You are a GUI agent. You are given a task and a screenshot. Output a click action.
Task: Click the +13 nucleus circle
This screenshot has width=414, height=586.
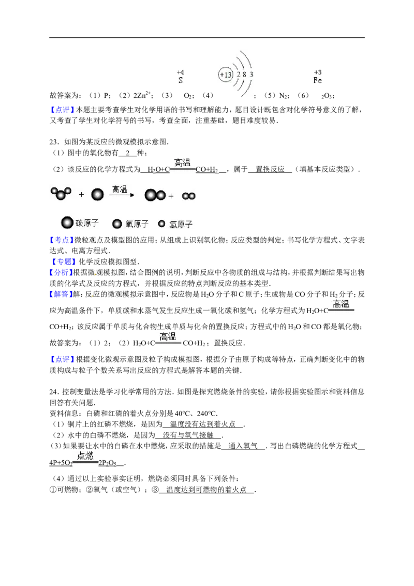pyautogui.click(x=225, y=75)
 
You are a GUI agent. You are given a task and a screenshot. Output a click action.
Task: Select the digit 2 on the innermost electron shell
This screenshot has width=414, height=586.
pyautogui.click(x=239, y=75)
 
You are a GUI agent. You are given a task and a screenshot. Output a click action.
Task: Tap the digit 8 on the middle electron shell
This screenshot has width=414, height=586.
pyautogui.click(x=245, y=75)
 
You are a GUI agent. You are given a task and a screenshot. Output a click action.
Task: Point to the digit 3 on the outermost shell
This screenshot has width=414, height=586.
pyautogui.click(x=252, y=75)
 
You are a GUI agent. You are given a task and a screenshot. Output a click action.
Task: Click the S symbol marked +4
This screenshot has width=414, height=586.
pyautogui.click(x=181, y=80)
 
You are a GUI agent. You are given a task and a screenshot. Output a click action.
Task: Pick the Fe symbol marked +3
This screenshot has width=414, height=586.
pyautogui.click(x=317, y=81)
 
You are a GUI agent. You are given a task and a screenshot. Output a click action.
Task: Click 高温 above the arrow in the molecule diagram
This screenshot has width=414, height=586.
pyautogui.click(x=120, y=189)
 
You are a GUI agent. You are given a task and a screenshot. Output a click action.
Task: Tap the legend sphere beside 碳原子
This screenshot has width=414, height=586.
pyautogui.click(x=67, y=223)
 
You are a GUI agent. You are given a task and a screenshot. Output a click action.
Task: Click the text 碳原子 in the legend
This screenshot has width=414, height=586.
pyautogui.click(x=87, y=224)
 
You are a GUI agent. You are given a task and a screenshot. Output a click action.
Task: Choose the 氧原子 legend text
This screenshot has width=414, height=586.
pyautogui.click(x=137, y=224)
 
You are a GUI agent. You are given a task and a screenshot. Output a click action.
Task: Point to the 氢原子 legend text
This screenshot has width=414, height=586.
pyautogui.click(x=181, y=224)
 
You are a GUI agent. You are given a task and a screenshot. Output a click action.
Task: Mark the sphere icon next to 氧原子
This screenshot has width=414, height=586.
pyautogui.click(x=117, y=224)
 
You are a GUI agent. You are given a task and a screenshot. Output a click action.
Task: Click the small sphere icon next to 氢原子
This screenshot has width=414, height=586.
pyautogui.click(x=161, y=224)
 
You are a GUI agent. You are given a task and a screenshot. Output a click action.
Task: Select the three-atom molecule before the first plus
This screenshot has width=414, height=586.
pyautogui.click(x=61, y=194)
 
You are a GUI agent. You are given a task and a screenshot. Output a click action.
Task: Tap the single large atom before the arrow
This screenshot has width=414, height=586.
pyautogui.click(x=97, y=195)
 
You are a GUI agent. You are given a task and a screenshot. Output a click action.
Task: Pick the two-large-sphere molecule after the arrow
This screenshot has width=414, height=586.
pyautogui.click(x=155, y=195)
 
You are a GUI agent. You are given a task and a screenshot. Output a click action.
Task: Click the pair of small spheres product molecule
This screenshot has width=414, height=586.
pyautogui.click(x=189, y=196)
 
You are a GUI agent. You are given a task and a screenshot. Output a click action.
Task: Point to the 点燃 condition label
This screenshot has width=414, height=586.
pyautogui.click(x=84, y=456)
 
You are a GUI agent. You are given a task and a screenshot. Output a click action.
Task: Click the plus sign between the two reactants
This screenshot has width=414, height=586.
pyautogui.click(x=81, y=195)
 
